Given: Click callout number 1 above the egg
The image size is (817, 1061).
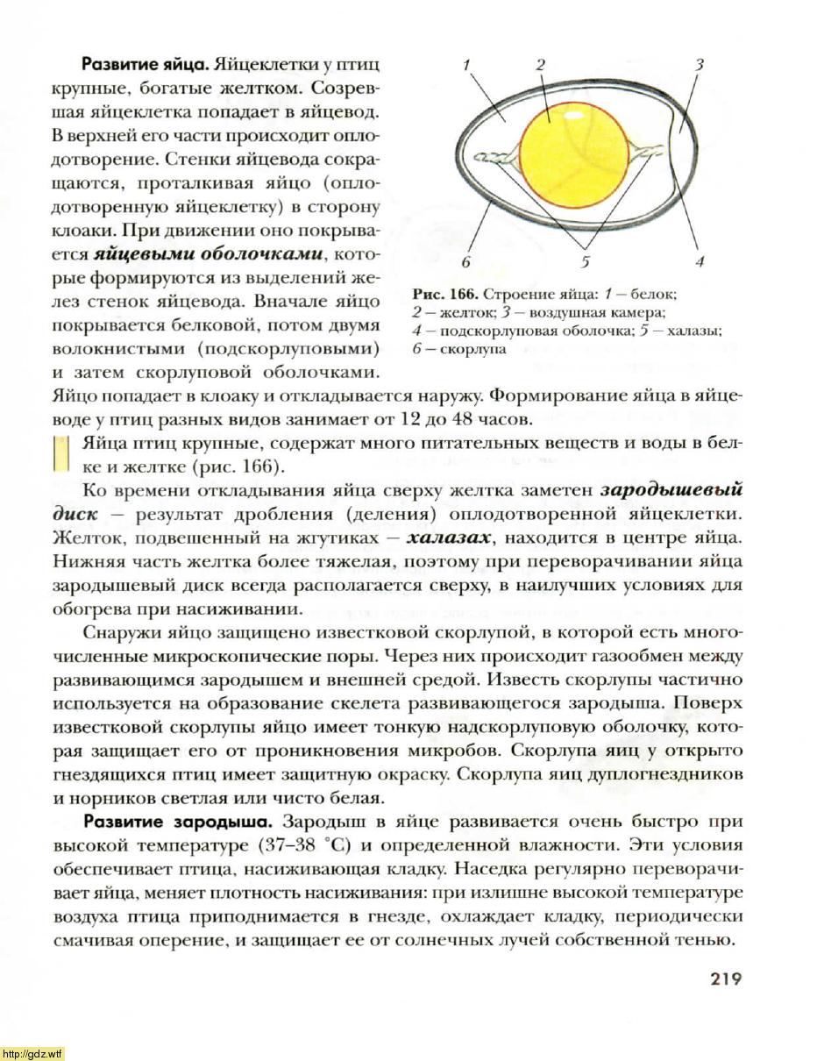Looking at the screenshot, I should (466, 64).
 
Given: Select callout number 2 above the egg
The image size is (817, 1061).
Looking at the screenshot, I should (541, 64).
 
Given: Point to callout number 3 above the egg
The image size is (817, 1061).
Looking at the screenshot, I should (699, 64).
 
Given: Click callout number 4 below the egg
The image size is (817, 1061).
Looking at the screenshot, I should (699, 261).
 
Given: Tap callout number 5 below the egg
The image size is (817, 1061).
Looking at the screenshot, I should (586, 261).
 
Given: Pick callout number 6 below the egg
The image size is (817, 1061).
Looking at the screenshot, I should (466, 261).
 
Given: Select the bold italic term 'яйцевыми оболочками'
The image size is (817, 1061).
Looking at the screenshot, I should (209, 255).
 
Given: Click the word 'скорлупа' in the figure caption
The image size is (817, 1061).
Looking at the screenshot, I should (472, 348).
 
